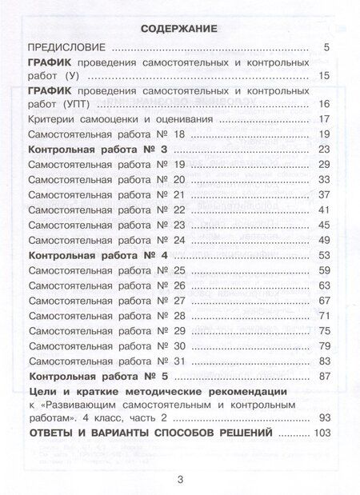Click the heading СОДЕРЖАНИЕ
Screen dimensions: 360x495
[x=180, y=28]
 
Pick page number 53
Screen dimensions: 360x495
[x=324, y=254]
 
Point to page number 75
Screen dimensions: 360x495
[x=324, y=330]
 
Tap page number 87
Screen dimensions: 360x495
[x=324, y=375]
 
